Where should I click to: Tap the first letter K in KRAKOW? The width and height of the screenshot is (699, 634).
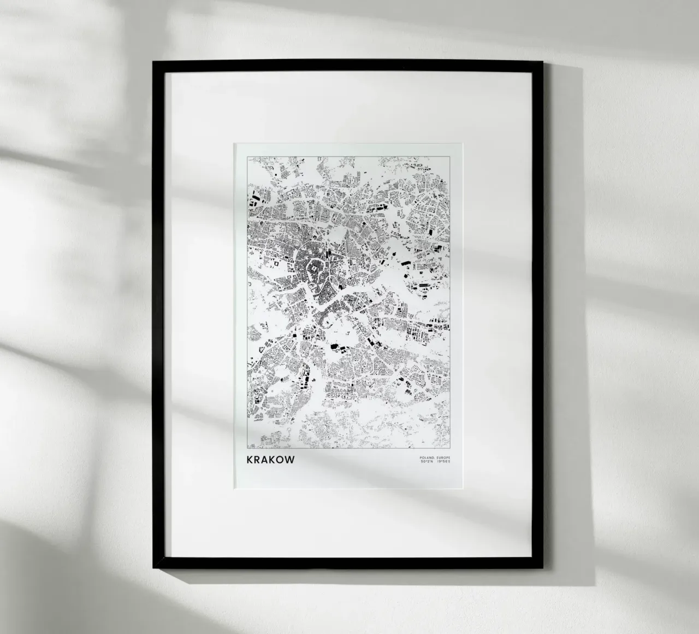pos(251,460)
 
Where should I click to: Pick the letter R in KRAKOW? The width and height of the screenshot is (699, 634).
pos(258,460)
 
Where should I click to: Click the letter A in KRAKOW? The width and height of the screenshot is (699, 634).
pos(266,460)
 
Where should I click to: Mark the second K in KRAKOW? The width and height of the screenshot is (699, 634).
pos(274,460)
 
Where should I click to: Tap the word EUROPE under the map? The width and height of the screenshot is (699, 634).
pos(441,457)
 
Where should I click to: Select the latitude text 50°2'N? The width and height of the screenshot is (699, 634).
pos(426,462)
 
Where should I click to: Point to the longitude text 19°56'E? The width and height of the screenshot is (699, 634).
pos(442,462)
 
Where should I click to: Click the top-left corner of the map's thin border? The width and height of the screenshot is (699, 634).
pos(247,157)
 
